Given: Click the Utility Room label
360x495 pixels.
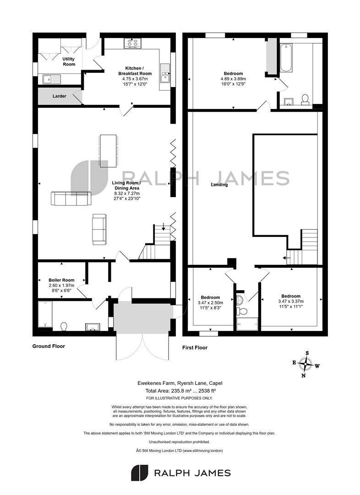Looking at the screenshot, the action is [x=69, y=61].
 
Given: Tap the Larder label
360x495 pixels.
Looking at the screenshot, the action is [x=60, y=96].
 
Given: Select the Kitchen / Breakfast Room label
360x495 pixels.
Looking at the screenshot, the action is [x=135, y=71].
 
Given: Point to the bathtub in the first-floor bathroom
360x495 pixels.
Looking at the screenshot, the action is [x=286, y=58].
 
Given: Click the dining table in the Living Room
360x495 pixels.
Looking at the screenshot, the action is [x=108, y=151].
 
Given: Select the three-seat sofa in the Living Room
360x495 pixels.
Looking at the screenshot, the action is [x=71, y=198].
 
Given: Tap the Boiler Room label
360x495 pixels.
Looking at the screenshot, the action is [x=61, y=280].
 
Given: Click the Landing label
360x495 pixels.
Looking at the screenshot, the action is [x=219, y=185].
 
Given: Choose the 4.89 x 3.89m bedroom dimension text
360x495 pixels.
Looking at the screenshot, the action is [x=234, y=79].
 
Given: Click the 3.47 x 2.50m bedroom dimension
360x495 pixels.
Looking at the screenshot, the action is [x=210, y=303].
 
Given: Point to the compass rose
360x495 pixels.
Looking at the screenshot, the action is [x=305, y=364].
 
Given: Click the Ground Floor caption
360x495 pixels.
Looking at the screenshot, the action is [x=49, y=346].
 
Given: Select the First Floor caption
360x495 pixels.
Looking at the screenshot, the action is [x=195, y=347].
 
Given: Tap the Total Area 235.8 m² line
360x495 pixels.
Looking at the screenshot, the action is [x=180, y=391].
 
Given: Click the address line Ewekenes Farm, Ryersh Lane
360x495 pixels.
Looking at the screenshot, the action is [x=180, y=383].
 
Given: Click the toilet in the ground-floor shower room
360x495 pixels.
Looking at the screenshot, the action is [x=64, y=326].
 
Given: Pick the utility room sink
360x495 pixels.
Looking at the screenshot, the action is [x=52, y=79].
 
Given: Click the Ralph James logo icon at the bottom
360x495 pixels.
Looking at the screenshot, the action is [x=139, y=473].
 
